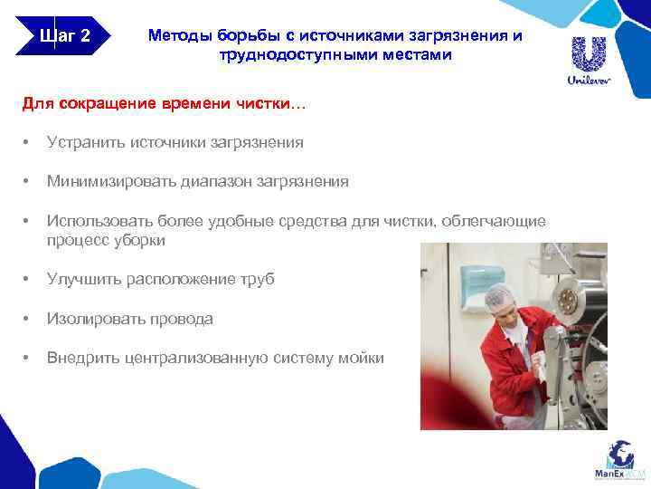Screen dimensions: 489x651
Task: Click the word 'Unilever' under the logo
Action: tap(589, 81)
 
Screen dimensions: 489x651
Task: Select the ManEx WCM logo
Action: tap(620, 460)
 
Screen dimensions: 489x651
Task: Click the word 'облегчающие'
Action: tap(497, 222)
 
